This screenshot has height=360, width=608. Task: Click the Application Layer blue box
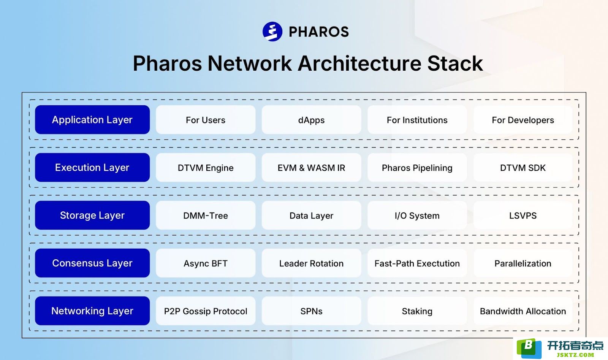[92, 120]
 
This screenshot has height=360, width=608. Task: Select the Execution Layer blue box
[92, 168]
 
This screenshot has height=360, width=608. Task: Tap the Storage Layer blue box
[92, 215]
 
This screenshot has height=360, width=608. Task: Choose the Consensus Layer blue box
[92, 263]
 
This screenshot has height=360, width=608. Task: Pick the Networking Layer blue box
[92, 311]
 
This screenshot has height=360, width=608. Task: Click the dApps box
[311, 120]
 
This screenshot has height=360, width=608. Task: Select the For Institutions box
[417, 120]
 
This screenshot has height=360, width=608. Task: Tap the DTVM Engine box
[206, 168]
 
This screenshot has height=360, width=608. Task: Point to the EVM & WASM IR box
[311, 168]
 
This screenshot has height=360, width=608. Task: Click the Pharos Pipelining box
[417, 168]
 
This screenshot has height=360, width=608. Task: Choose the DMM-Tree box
[206, 215]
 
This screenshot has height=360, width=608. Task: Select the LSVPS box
[523, 215]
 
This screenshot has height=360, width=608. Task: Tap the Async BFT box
[206, 263]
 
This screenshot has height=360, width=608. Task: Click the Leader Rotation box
[311, 263]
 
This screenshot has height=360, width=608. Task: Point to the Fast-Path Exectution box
[417, 263]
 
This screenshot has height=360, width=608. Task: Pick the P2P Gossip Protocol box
[206, 311]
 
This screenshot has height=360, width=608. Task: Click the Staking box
[417, 311]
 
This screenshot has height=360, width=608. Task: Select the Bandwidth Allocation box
[523, 311]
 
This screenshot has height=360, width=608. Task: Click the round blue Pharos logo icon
[272, 32]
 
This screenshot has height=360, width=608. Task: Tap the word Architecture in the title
[359, 63]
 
